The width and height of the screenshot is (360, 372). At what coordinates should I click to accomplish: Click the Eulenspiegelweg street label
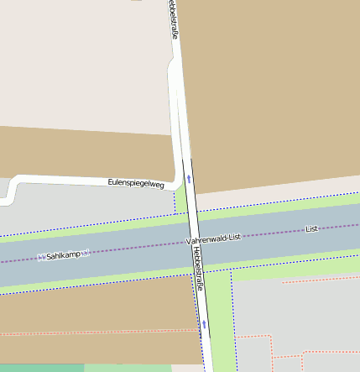coord(136,182)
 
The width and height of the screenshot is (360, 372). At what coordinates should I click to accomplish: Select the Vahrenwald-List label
coord(213,238)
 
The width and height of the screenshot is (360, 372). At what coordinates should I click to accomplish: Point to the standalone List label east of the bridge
coord(312,228)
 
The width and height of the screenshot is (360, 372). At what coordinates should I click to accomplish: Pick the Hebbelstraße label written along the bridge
coord(198,267)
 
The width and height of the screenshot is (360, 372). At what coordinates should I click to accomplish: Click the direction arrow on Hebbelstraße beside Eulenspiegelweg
coord(190,178)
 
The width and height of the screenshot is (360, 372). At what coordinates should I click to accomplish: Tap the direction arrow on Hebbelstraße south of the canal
coord(203,322)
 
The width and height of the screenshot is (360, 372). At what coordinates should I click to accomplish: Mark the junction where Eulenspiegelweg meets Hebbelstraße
coord(179,182)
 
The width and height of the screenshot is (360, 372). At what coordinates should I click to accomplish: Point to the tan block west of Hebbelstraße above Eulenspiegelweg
coord(84,151)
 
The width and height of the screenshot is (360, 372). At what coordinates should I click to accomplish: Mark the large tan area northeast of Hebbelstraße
coord(269,84)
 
